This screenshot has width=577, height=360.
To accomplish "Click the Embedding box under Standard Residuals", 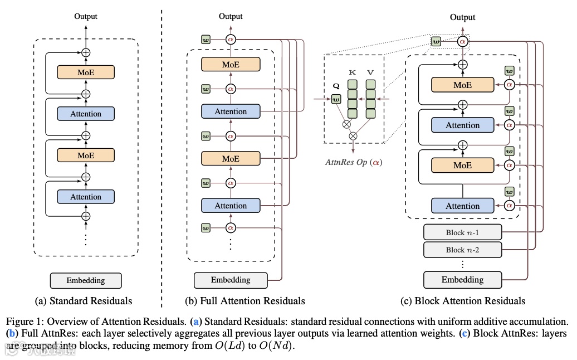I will (86, 280).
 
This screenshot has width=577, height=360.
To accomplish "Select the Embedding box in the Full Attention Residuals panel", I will (231, 280).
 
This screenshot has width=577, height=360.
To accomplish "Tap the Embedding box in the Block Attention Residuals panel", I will (462, 280).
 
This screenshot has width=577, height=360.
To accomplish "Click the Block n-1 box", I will (462, 232).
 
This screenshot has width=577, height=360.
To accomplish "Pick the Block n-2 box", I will (462, 250).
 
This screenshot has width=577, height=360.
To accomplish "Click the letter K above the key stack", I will (353, 73).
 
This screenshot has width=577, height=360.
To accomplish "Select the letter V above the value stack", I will (371, 73).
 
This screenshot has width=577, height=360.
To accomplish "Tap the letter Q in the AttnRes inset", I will (335, 87).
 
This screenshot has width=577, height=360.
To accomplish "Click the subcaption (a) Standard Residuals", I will (84, 301).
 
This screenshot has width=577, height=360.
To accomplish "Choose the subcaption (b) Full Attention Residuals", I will (245, 301).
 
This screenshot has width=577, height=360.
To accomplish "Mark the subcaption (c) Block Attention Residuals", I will (462, 301).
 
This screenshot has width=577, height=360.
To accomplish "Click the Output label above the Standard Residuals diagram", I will (86, 16).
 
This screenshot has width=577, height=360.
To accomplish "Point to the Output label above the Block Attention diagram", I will (462, 17).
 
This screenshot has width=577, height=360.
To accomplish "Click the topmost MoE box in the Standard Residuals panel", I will (86, 72).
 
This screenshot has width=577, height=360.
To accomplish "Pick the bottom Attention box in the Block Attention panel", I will (462, 206).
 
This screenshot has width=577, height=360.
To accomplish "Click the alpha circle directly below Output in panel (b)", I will (231, 40).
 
